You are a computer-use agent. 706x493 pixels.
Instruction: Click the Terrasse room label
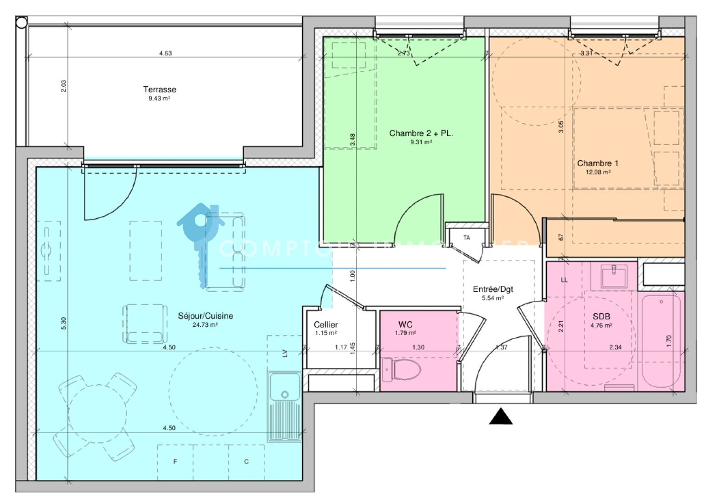click(159, 89)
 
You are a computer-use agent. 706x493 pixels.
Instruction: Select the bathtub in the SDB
click(661, 341)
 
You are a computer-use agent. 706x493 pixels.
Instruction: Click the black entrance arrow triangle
click(501, 416)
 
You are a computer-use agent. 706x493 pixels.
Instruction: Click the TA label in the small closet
click(466, 238)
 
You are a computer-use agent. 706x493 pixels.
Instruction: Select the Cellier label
click(326, 325)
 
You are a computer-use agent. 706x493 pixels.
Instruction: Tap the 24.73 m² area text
click(205, 325)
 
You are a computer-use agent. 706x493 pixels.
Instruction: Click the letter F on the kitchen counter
click(175, 462)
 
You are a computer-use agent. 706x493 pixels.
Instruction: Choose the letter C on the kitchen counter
click(246, 462)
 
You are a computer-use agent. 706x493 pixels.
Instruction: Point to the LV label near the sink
click(285, 353)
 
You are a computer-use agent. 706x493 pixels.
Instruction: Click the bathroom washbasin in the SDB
click(613, 276)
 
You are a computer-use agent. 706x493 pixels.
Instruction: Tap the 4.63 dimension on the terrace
click(165, 53)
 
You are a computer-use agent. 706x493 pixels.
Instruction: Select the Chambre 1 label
click(597, 163)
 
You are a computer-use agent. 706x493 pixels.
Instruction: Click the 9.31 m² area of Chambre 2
click(421, 142)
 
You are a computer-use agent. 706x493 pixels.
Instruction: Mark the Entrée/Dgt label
click(493, 289)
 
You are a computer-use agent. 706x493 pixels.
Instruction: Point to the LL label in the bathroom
click(564, 280)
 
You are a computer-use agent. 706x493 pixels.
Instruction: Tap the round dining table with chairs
click(97, 414)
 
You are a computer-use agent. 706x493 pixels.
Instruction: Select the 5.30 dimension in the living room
click(63, 323)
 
